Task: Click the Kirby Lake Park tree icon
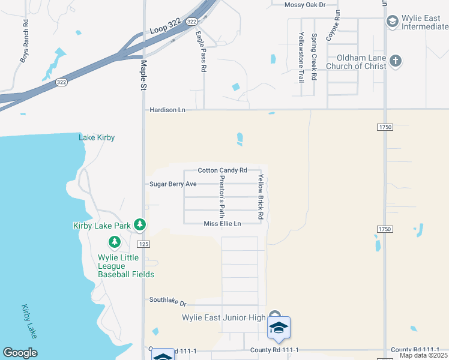[x=140, y=225]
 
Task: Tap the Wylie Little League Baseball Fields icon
[x=114, y=242]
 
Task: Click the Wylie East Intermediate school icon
[x=392, y=22]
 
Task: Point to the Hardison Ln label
[x=166, y=110]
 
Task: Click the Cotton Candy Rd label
[x=222, y=170]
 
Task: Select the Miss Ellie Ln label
[x=222, y=224]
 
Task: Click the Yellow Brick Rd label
[x=261, y=196]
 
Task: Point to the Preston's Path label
[x=222, y=196]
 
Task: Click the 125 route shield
[x=143, y=244]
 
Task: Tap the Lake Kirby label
[x=97, y=137]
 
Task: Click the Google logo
[x=20, y=353]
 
